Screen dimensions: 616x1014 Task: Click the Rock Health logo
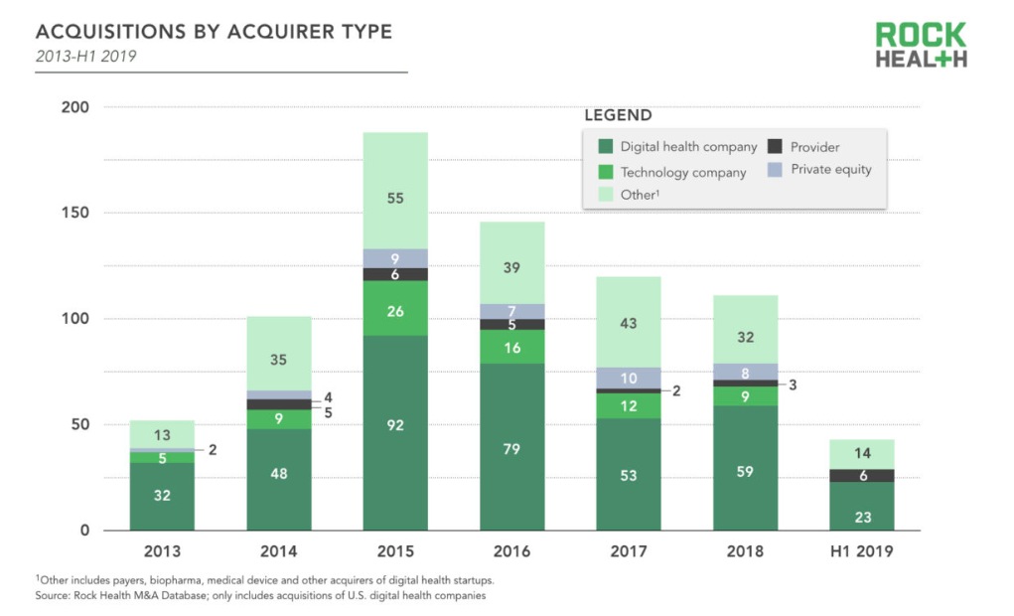click(921, 45)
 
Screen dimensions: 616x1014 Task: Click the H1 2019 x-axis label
click(862, 551)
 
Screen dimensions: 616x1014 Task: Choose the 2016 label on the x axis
click(512, 551)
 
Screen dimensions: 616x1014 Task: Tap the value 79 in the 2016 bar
click(512, 451)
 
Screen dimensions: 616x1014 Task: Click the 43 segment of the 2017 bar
click(629, 323)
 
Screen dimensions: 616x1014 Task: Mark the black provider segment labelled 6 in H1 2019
click(862, 476)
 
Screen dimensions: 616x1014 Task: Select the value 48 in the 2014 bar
click(279, 474)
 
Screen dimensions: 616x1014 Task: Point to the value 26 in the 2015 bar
click(395, 311)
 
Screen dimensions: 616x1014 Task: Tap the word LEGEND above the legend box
click(618, 115)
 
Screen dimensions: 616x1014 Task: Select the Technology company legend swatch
click(605, 172)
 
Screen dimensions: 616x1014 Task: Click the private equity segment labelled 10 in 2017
click(629, 378)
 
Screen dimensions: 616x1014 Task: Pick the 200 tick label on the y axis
click(74, 107)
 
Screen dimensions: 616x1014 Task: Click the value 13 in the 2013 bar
click(162, 434)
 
